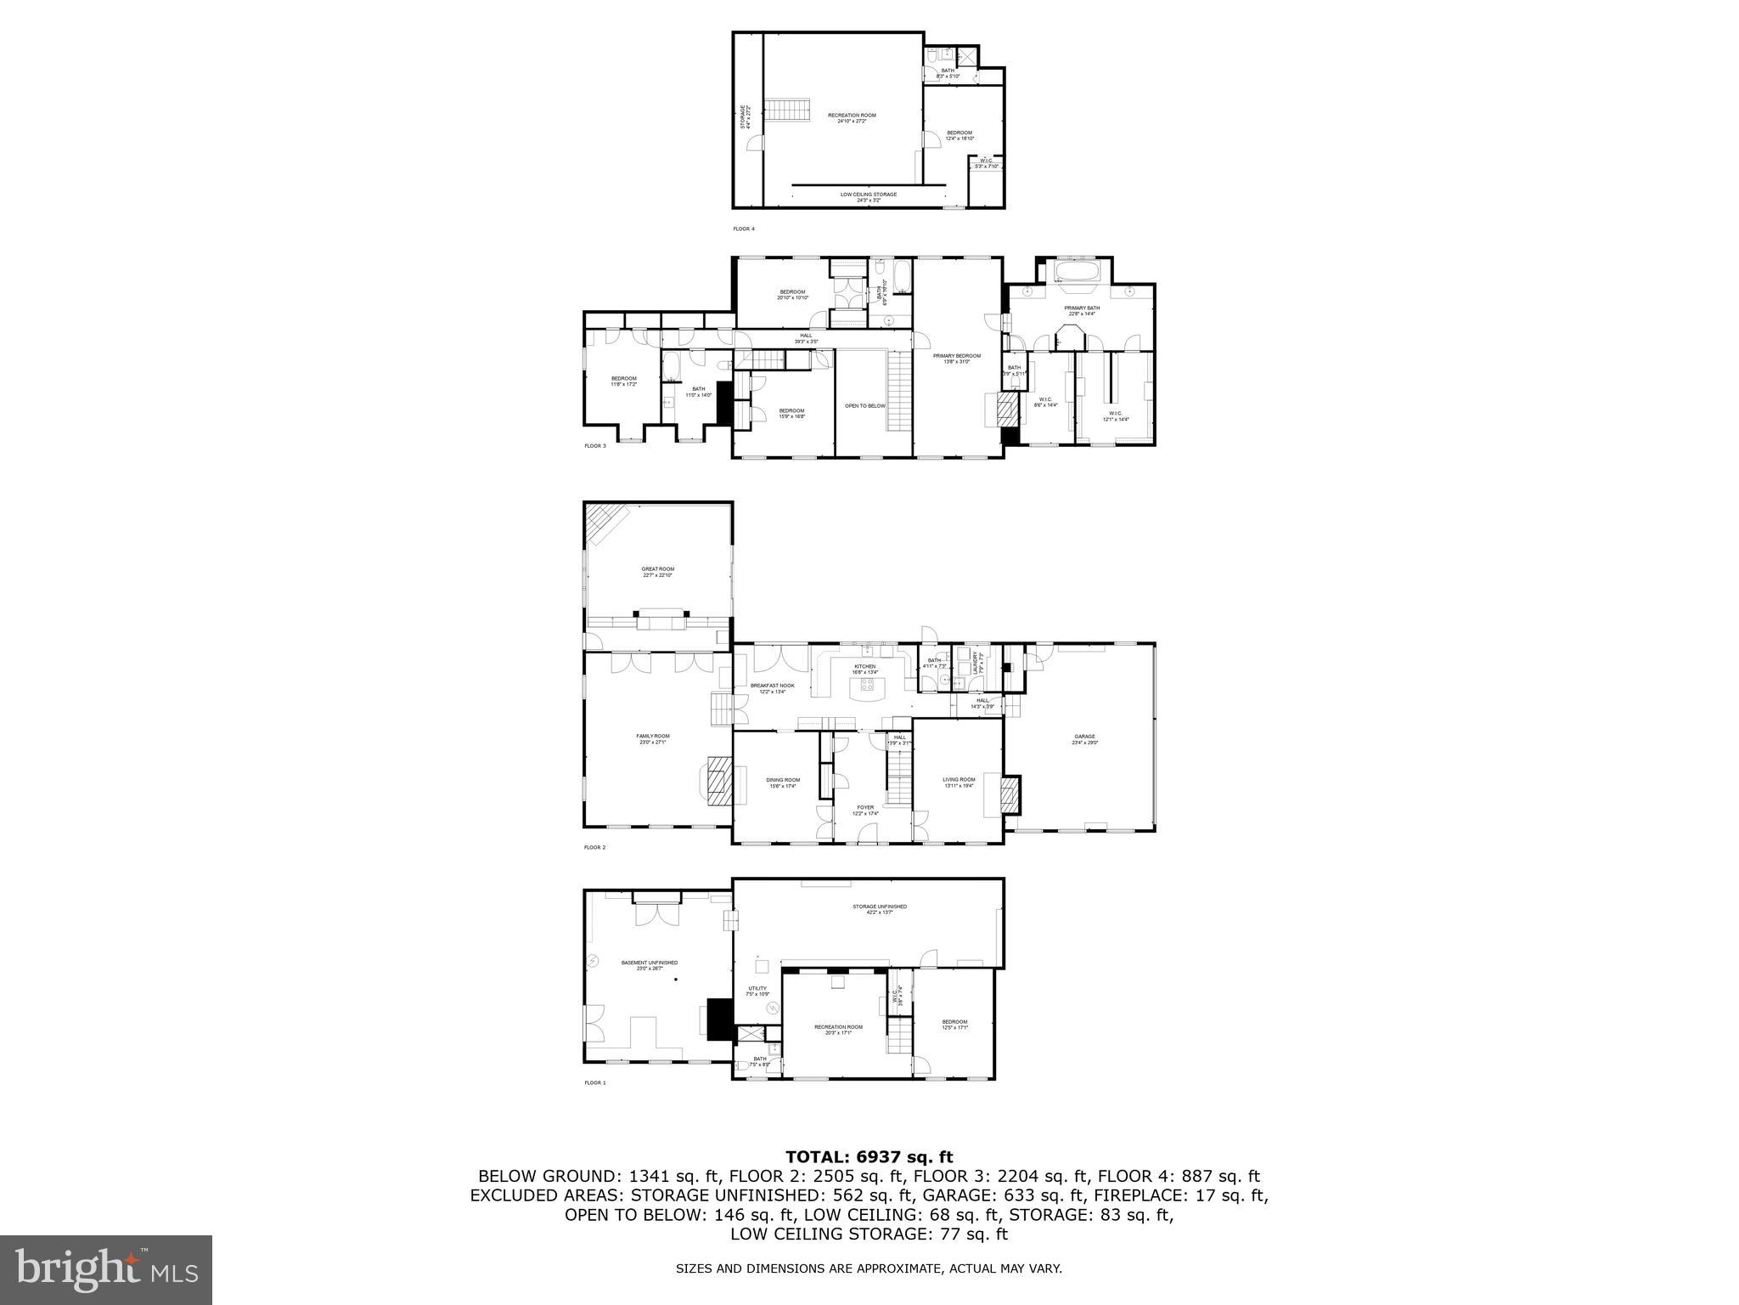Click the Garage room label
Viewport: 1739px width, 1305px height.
click(1084, 739)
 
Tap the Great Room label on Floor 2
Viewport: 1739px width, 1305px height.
click(657, 572)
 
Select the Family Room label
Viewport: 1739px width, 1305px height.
click(653, 739)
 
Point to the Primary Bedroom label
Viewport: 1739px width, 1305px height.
click(957, 359)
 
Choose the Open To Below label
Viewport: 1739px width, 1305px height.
click(864, 406)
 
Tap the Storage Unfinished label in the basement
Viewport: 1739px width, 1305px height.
click(880, 909)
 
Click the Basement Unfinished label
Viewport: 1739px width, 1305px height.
click(650, 965)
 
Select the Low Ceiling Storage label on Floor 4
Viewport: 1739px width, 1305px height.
click(868, 197)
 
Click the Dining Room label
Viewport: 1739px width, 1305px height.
click(783, 782)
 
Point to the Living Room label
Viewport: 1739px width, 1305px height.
click(959, 782)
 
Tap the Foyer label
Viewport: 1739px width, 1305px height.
click(865, 810)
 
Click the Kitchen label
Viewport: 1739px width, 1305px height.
click(864, 669)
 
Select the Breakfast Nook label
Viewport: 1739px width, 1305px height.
click(772, 688)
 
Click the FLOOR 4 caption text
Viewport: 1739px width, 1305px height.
click(743, 229)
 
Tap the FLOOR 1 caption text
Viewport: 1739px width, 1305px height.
click(594, 1082)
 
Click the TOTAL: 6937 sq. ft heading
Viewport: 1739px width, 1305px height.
click(869, 1156)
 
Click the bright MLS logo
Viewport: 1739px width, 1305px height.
click(106, 1270)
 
